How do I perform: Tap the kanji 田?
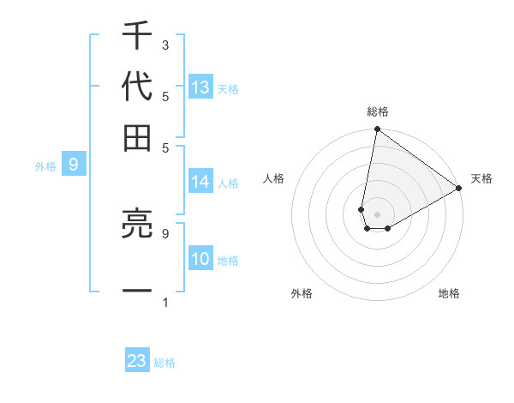(x=137, y=137)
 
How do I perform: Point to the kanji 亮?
(x=137, y=226)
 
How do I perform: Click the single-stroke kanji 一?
(x=137, y=292)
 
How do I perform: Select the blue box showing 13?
(x=200, y=87)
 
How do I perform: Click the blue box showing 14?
(x=200, y=182)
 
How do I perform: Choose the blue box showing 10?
(x=200, y=260)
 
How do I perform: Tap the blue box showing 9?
(x=73, y=165)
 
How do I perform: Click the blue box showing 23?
(x=137, y=361)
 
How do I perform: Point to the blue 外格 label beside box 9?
(x=45, y=166)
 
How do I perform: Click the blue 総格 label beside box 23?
(x=164, y=363)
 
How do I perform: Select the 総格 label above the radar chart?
(x=378, y=112)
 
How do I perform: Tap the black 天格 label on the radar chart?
(x=481, y=178)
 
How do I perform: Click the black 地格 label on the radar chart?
(x=449, y=293)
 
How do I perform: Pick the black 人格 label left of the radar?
(x=274, y=178)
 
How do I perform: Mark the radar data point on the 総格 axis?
(x=377, y=130)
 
